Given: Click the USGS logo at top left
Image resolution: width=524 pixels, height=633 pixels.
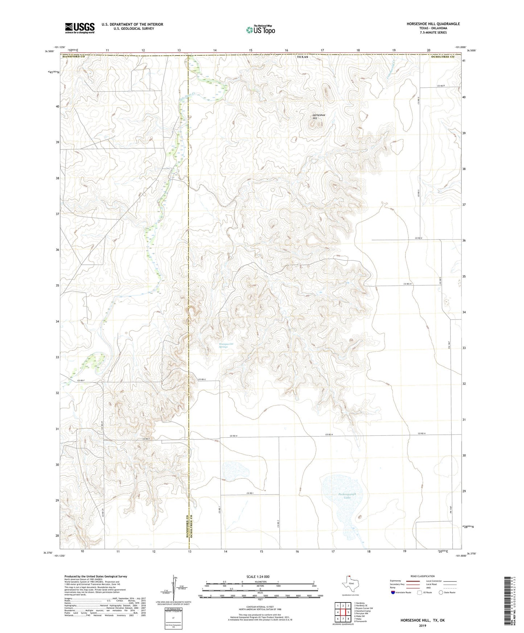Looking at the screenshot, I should click(79, 28).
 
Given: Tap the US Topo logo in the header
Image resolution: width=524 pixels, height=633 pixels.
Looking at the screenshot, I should click(260, 30).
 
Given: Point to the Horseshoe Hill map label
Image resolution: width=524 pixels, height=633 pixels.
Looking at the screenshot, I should click(319, 117).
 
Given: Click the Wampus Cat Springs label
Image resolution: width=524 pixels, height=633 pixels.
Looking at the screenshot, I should click(223, 346).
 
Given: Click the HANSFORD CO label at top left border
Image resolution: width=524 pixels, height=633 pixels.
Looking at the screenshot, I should click(73, 57).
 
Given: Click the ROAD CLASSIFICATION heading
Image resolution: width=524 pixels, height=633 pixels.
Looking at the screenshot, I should click(422, 576).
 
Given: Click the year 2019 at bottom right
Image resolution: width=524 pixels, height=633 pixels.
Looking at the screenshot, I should click(422, 625).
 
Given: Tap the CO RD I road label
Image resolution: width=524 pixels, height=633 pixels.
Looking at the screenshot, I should click(249, 493).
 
